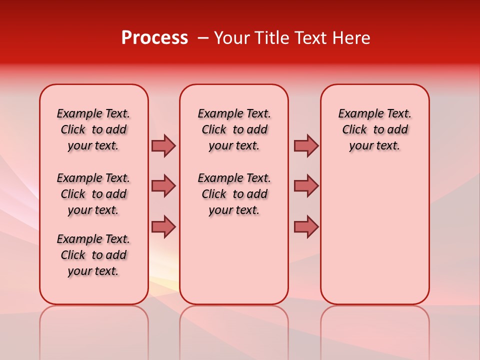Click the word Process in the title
point(154,38)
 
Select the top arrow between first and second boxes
point(163,145)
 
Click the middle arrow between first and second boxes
point(163,186)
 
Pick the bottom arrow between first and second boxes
point(163,226)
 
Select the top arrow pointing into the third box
point(306,145)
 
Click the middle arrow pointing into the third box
point(306,186)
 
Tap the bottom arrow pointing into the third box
point(306,226)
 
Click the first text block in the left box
point(93,129)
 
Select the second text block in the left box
point(93,194)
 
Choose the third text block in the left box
point(93,255)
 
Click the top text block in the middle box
point(234,129)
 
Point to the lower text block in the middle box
point(234,194)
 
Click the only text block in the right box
point(374,129)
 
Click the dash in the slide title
point(203,38)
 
